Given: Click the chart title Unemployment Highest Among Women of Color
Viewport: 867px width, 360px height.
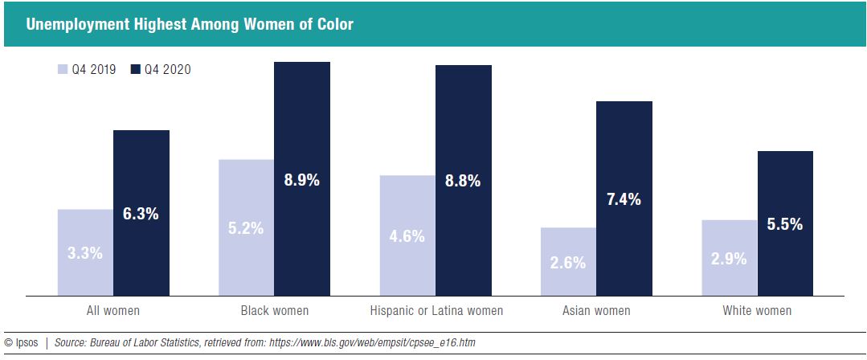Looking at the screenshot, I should pyautogui.click(x=190, y=24).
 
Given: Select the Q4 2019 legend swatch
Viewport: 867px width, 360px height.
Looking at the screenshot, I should pyautogui.click(x=63, y=70).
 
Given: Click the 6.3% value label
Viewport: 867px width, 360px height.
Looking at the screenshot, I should pyautogui.click(x=141, y=214).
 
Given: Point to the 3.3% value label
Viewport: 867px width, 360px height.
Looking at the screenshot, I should pyautogui.click(x=84, y=253).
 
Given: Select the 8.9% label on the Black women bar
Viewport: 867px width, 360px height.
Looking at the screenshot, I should pyautogui.click(x=301, y=180).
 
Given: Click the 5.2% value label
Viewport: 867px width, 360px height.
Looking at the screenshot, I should pyautogui.click(x=246, y=228).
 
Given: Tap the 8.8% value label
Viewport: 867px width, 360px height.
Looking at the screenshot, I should pyautogui.click(x=463, y=182).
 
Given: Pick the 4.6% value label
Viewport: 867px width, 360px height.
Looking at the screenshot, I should pyautogui.click(x=407, y=236).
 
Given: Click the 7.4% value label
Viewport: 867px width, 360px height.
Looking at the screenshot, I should pyautogui.click(x=624, y=200).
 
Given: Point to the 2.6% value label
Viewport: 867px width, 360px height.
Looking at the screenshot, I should pyautogui.click(x=568, y=263).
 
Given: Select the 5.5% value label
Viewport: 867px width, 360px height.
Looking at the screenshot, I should pyautogui.click(x=785, y=225).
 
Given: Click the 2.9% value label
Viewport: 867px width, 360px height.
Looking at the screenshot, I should pyautogui.click(x=729, y=259).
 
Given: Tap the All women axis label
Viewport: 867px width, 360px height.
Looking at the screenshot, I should pyautogui.click(x=112, y=310).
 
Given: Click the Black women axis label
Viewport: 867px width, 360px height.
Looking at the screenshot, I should pyautogui.click(x=274, y=310).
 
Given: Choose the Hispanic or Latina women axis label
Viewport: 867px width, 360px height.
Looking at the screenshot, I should pyautogui.click(x=436, y=310).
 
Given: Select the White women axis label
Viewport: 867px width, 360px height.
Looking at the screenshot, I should pyautogui.click(x=757, y=310).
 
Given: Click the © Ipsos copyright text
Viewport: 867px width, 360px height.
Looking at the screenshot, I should pyautogui.click(x=21, y=343).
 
